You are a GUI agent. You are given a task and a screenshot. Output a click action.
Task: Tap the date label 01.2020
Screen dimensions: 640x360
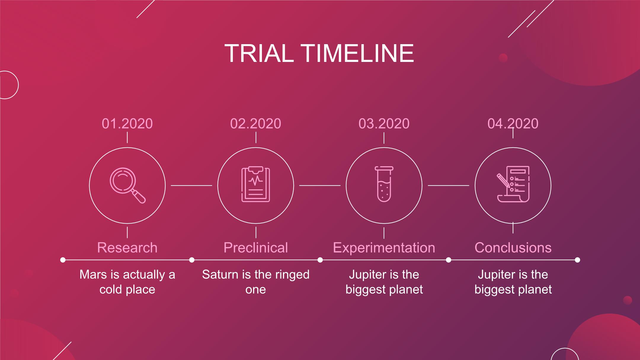point(127,124)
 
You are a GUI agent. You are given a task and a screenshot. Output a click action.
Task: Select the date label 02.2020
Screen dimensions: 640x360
point(255,124)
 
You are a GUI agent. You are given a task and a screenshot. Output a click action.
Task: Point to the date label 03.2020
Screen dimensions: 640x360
point(384,124)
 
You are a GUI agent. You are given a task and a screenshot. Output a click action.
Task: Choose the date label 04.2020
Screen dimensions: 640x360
point(513,124)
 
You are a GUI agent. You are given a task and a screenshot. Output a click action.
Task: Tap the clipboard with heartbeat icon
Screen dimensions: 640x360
point(256,184)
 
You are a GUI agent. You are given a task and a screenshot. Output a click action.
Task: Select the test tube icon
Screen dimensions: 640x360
point(384,184)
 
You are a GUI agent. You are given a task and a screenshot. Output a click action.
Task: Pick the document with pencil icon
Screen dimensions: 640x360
point(513,184)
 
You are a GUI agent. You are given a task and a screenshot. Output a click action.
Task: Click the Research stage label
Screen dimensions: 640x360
point(127,247)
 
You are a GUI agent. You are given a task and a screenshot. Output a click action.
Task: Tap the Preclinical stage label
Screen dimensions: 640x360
point(256,247)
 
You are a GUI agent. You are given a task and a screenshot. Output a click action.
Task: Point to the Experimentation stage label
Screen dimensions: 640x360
point(384,248)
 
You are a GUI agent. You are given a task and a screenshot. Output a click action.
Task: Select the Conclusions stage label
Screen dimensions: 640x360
point(513,247)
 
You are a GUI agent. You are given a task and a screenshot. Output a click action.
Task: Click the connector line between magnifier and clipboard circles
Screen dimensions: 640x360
point(191,185)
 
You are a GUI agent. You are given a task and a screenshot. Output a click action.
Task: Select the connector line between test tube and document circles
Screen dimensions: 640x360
point(449,185)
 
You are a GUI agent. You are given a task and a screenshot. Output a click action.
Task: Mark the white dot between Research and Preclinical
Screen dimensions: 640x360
point(192,260)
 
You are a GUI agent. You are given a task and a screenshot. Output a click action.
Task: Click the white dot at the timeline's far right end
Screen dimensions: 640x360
point(577,260)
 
